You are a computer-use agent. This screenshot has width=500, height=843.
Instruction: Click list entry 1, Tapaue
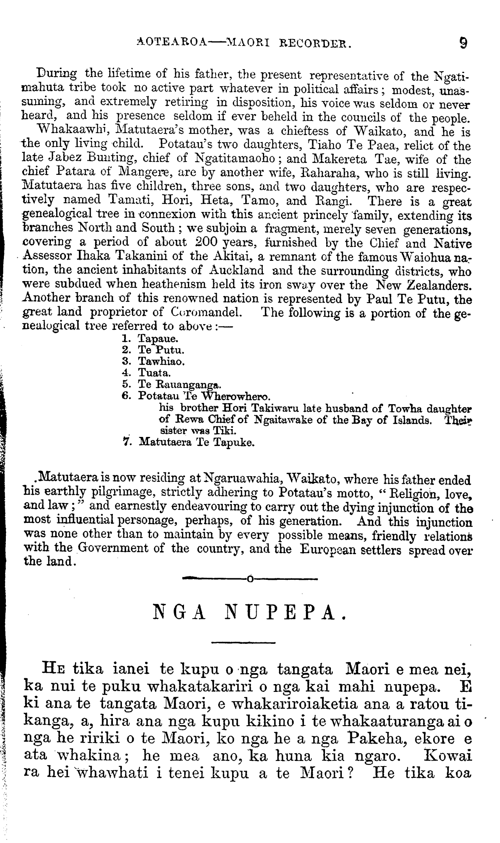(x=153, y=339)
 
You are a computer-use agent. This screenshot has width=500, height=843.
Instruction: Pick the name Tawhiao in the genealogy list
(x=161, y=361)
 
